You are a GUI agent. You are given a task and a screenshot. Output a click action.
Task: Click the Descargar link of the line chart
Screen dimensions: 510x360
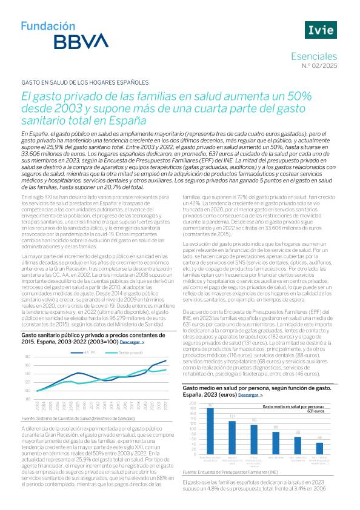pyautogui.click(x=132, y=342)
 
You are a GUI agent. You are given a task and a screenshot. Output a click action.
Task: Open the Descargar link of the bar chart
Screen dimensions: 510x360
pyautogui.click(x=252, y=394)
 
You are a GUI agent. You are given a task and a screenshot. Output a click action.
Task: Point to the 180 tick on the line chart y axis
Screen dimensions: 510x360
pyautogui.click(x=27, y=357)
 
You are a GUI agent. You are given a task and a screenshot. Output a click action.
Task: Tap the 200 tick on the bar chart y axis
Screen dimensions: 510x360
pyautogui.click(x=193, y=403)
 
